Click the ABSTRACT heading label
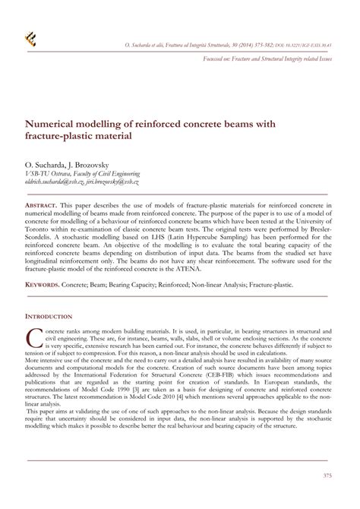pyautogui.click(x=42, y=207)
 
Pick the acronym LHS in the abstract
pyautogui.click(x=159, y=242)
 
